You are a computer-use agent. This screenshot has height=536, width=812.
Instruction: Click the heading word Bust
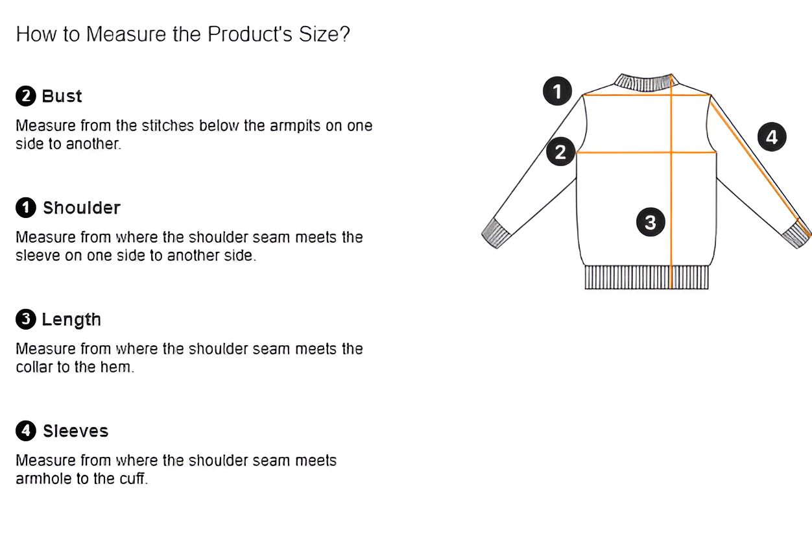pyautogui.click(x=62, y=96)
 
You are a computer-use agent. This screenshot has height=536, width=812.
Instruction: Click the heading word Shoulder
pyautogui.click(x=82, y=208)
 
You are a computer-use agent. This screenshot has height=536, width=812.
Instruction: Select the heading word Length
pyautogui.click(x=71, y=320)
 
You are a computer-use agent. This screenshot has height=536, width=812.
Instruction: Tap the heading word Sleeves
pyautogui.click(x=75, y=431)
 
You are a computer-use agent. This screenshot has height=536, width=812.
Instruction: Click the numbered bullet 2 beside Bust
pyautogui.click(x=26, y=96)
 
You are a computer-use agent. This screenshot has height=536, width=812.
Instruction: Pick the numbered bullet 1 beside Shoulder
pyautogui.click(x=26, y=208)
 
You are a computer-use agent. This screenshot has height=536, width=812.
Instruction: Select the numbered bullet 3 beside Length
pyautogui.click(x=26, y=319)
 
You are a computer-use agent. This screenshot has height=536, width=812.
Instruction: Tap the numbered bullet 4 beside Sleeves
pyautogui.click(x=26, y=431)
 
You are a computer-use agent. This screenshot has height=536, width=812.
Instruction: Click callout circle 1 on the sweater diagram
pyautogui.click(x=558, y=91)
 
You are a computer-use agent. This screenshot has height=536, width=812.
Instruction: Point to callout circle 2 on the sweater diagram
pyautogui.click(x=561, y=152)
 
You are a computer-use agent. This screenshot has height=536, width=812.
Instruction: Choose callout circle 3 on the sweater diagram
pyautogui.click(x=651, y=222)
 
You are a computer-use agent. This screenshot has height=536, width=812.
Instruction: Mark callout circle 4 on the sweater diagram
pyautogui.click(x=772, y=137)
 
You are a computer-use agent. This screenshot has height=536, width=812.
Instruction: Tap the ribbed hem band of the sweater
pyautogui.click(x=647, y=277)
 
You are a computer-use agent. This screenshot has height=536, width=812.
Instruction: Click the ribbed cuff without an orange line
pyautogui.click(x=496, y=234)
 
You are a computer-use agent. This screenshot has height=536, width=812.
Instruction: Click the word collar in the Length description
pyautogui.click(x=34, y=367)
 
